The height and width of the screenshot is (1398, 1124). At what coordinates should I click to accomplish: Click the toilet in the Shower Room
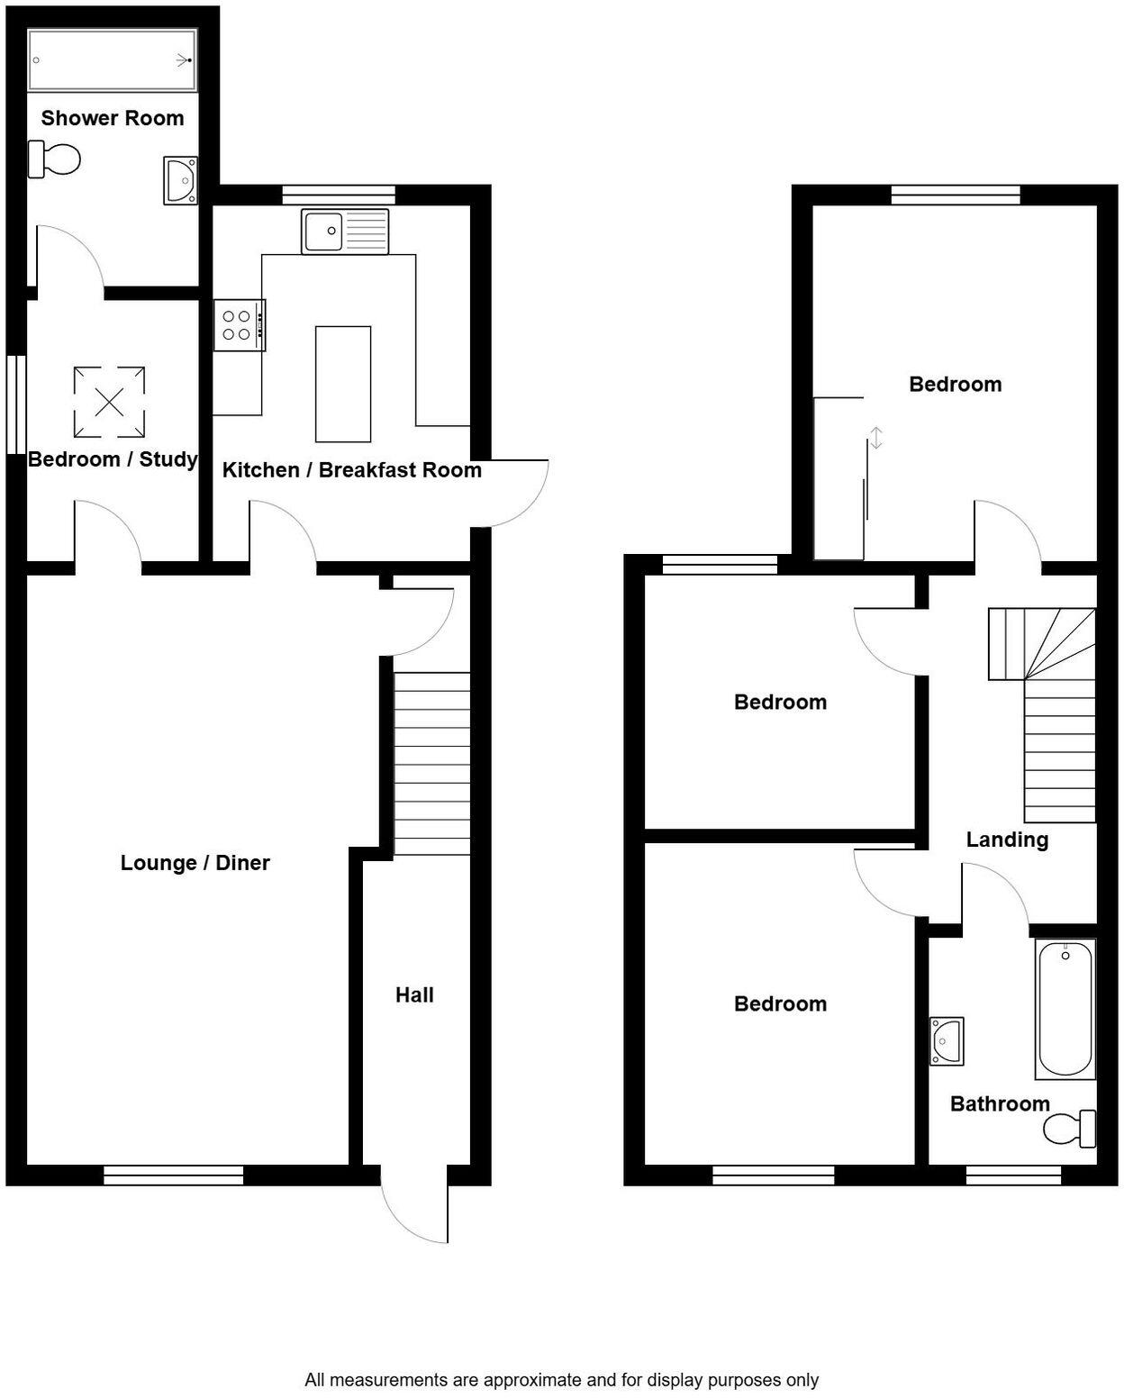[x=55, y=159]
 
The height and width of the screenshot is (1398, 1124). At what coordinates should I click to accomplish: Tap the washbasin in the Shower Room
[x=180, y=180]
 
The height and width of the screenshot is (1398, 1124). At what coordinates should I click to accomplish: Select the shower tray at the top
[x=112, y=60]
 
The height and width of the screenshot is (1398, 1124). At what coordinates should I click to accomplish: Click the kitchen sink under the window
[x=346, y=231]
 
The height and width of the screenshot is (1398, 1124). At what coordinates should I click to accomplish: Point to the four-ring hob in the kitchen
[x=239, y=325]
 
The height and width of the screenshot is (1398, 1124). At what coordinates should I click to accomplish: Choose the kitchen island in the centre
[x=343, y=384]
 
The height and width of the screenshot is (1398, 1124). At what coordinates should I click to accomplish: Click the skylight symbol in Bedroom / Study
[x=109, y=402]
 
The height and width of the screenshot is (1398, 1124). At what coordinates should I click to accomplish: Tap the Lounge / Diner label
[x=195, y=863]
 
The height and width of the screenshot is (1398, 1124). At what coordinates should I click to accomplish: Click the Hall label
[x=414, y=995]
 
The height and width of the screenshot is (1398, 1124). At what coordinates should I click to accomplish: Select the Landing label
[x=1007, y=840]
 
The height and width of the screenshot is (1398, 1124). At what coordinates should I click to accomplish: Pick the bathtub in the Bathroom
[x=1065, y=1009]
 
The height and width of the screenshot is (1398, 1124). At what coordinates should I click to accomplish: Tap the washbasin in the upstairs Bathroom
[x=947, y=1040]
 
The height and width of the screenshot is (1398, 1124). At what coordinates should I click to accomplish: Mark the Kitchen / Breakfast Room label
[x=351, y=470]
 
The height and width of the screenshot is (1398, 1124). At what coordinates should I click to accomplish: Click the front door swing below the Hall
[x=415, y=1207]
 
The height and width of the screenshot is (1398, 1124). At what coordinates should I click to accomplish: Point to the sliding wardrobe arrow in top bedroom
[x=875, y=439]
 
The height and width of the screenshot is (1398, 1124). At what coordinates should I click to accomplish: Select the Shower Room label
[x=113, y=118]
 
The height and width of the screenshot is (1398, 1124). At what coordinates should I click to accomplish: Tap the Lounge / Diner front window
[x=174, y=1175]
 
